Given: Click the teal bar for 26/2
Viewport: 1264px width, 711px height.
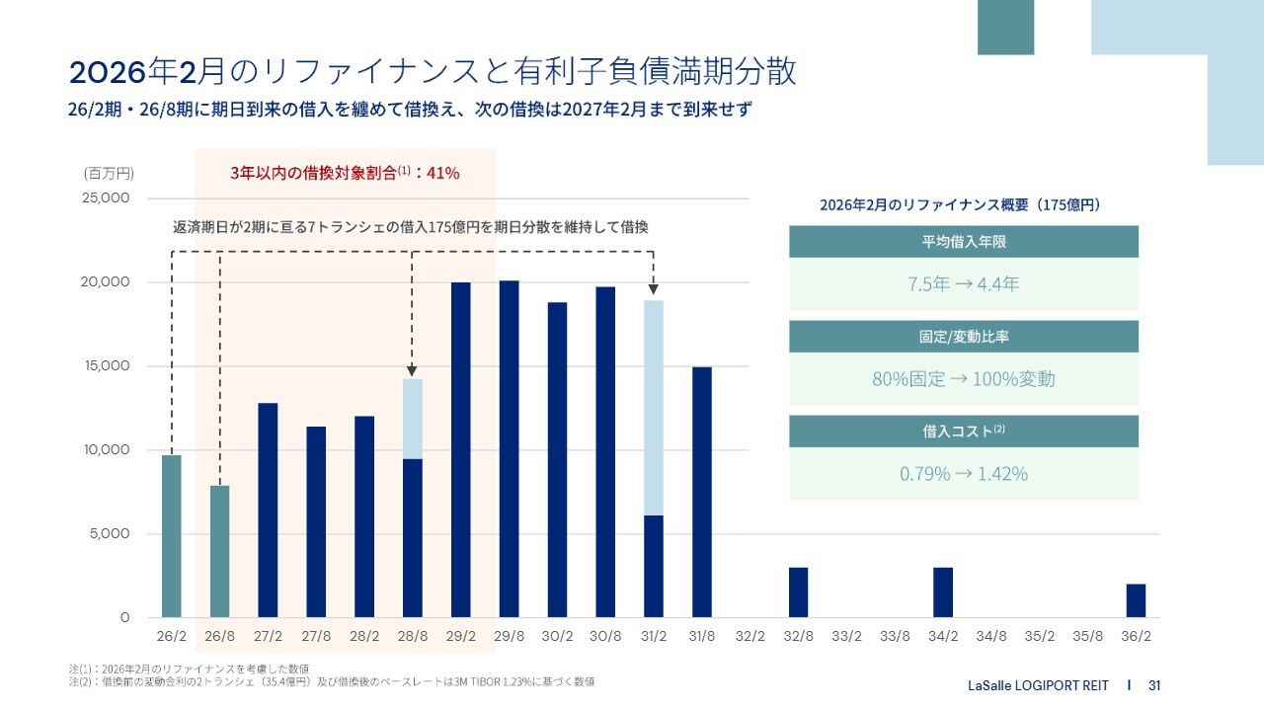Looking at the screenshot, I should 172,536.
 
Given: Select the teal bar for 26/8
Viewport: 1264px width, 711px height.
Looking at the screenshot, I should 219,551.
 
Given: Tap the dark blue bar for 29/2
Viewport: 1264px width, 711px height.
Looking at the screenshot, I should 461,450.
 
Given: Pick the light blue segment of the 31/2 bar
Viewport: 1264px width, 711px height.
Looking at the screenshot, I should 654,408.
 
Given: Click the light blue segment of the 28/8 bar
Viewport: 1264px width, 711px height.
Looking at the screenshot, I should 413,419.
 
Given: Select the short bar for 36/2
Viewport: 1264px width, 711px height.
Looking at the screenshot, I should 1136,600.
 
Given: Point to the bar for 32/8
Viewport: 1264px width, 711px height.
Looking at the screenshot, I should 798,592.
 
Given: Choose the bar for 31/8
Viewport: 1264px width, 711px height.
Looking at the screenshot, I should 702,492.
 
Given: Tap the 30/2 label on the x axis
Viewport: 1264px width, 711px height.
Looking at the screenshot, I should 557,637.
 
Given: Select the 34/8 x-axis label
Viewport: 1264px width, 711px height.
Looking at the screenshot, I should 990,637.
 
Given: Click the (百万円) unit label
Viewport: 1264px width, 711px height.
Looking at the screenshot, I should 109,173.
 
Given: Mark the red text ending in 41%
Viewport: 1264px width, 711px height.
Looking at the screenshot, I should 345,173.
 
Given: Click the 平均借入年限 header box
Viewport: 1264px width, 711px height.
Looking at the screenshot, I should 963,242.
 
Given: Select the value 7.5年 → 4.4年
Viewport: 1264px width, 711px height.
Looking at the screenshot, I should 963,284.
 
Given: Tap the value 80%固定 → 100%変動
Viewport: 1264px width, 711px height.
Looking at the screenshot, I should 963,379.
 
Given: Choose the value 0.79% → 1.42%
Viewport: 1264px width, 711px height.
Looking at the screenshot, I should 963,474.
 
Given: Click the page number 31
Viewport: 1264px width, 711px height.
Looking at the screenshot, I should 1154,685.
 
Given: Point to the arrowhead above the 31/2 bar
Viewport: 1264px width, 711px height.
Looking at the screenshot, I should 654,288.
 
